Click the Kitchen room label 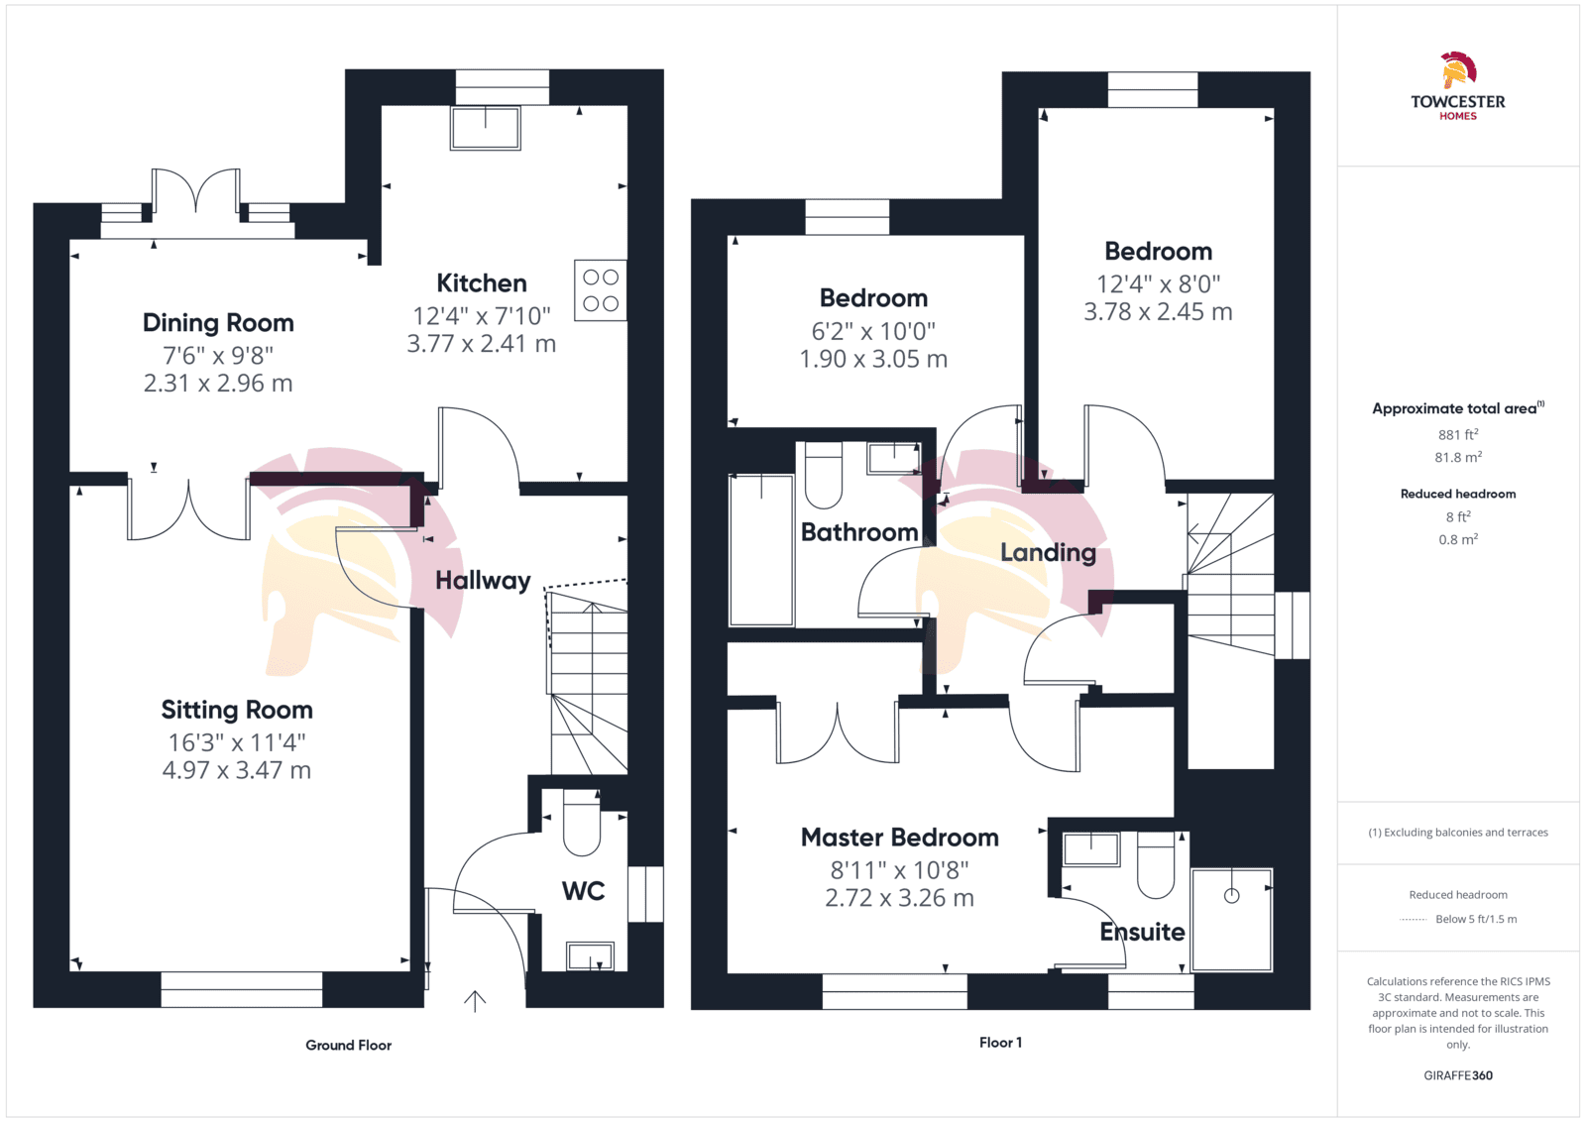482,283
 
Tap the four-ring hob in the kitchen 601,290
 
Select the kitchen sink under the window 486,128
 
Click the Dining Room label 218,323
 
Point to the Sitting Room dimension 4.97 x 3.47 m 237,770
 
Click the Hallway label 483,581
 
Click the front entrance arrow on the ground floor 475,1001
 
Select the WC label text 584,890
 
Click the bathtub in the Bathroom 761,550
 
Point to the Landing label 1048,553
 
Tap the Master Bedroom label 900,838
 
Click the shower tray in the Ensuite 1232,920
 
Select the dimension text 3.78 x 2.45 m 1159,311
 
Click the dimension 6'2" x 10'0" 873,331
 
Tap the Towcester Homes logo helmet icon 1458,70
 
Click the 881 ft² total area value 1458,434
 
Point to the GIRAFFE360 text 1458,1075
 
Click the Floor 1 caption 1000,1042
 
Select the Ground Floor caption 348,1045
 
